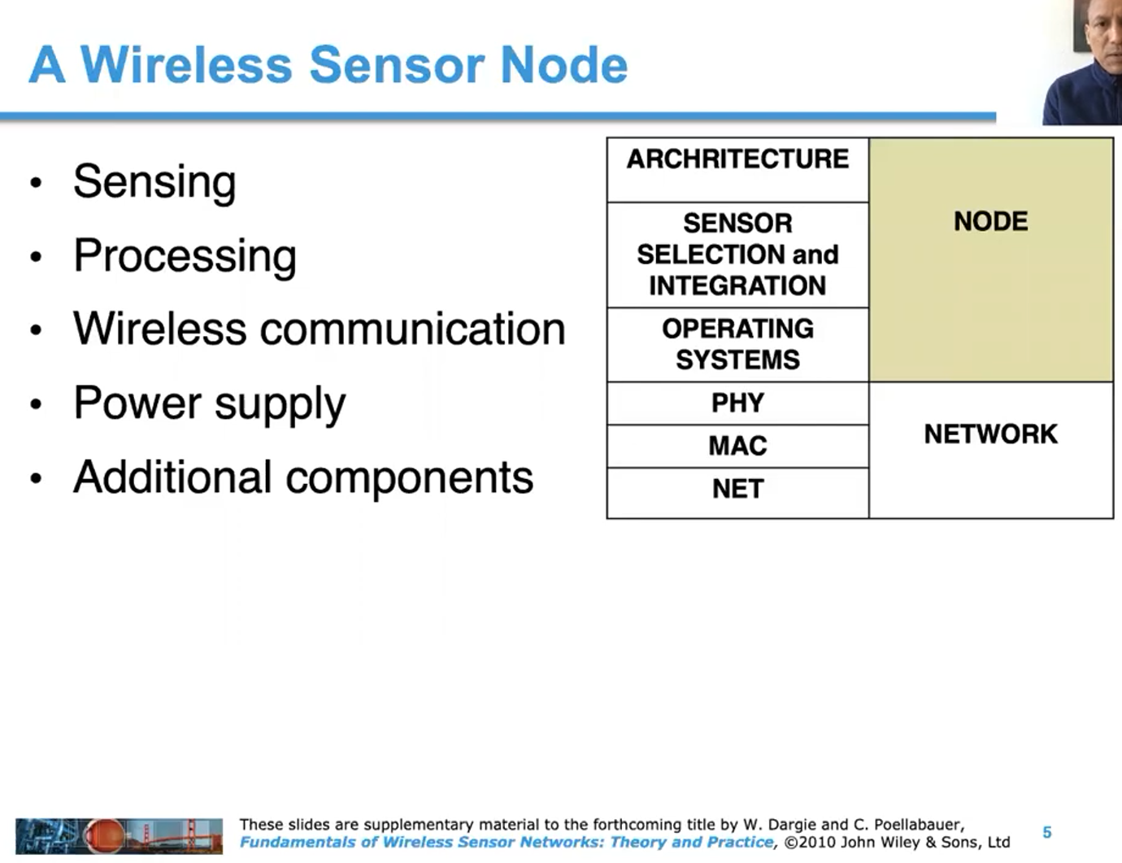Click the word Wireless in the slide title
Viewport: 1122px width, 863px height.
(x=186, y=65)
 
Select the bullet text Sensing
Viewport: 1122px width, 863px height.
(x=154, y=181)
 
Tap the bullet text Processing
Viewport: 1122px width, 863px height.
(x=185, y=255)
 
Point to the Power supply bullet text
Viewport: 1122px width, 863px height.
(x=209, y=403)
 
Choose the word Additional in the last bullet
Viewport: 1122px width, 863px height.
(x=172, y=477)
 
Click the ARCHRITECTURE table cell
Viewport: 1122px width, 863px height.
(x=737, y=159)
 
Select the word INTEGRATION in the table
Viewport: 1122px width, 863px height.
(x=737, y=286)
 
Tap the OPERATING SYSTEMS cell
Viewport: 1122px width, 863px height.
(x=737, y=344)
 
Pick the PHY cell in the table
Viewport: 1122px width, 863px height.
(x=737, y=403)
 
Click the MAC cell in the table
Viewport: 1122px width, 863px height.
(x=737, y=446)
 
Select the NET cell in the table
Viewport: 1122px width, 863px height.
(x=737, y=489)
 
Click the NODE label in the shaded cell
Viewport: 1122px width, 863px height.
(x=990, y=221)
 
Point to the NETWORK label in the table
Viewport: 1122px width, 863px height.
(x=990, y=434)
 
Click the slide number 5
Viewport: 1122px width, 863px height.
(x=1047, y=832)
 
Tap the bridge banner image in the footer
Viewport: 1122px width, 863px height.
(x=119, y=835)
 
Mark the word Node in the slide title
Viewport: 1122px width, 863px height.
(x=563, y=65)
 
